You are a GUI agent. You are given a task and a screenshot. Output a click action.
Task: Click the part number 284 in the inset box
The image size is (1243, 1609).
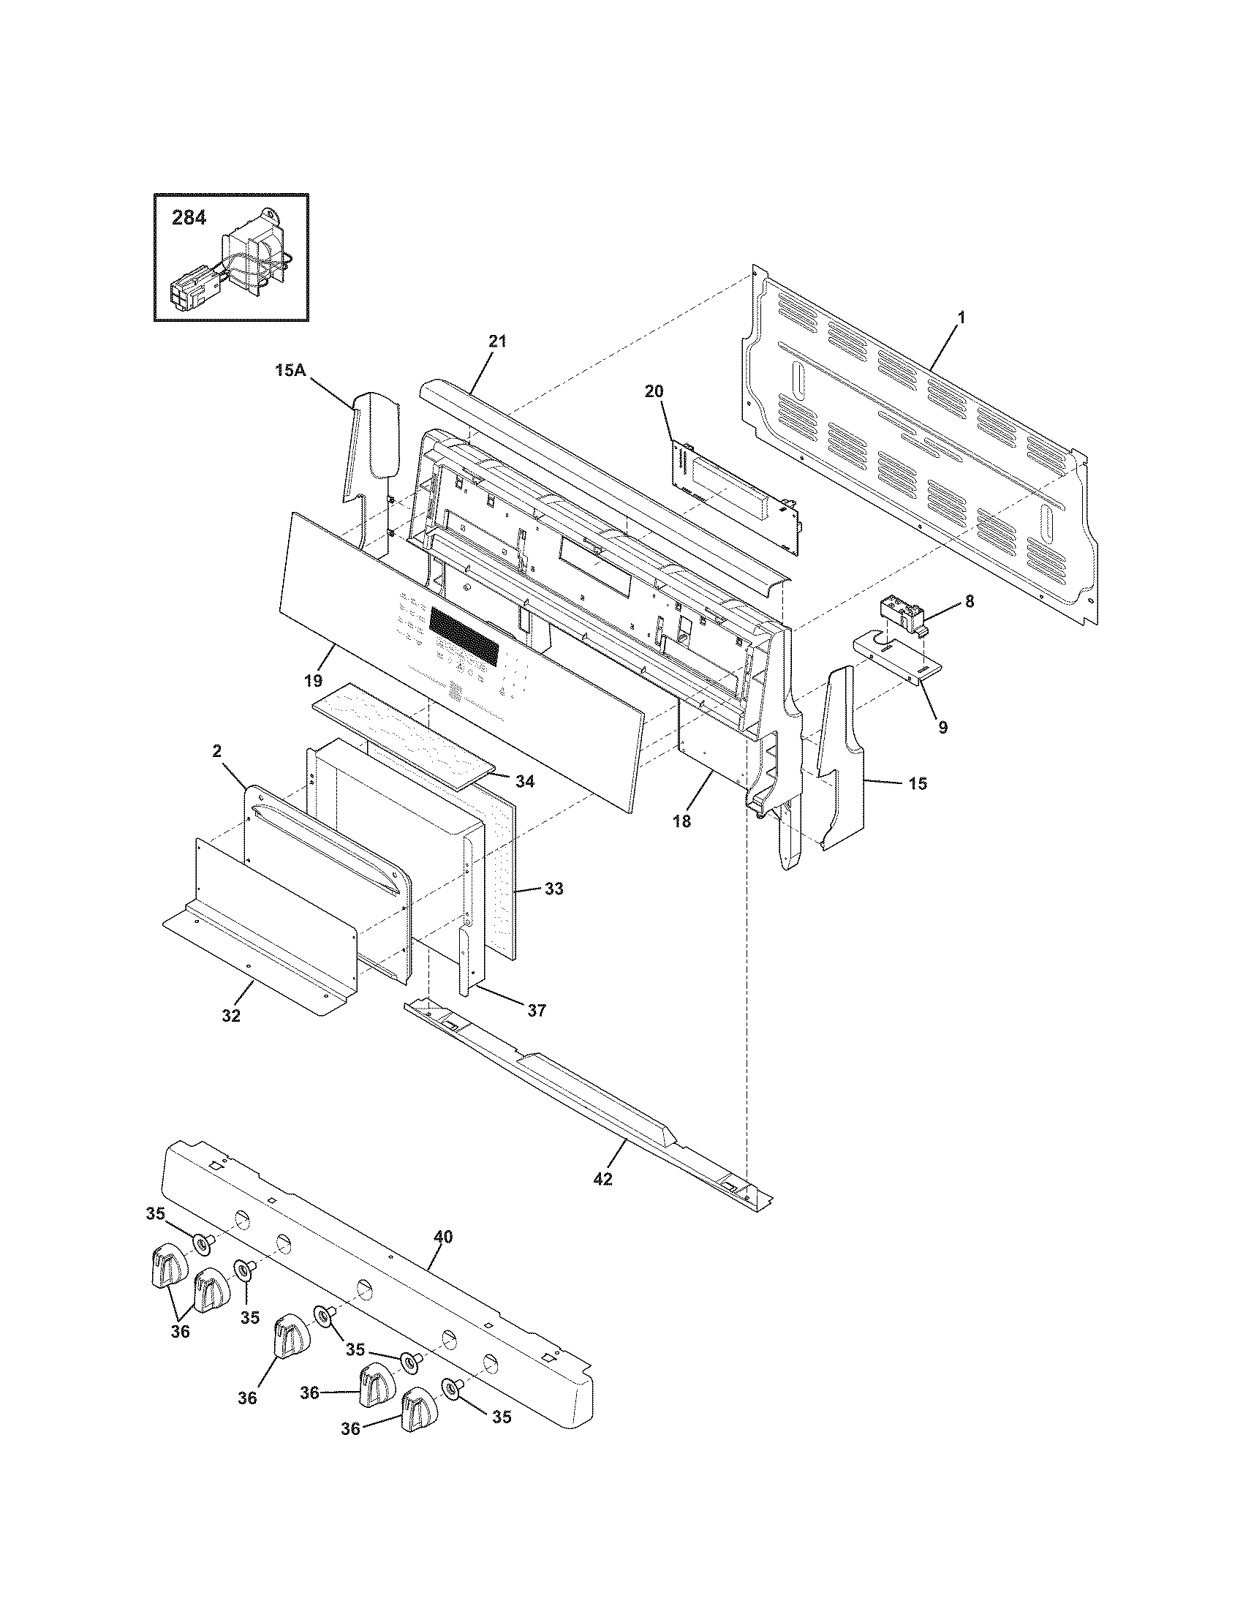pyautogui.click(x=189, y=218)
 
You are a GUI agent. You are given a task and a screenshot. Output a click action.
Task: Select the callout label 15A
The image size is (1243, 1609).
pyautogui.click(x=290, y=371)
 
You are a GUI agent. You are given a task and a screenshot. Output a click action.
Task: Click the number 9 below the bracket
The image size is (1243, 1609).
pyautogui.click(x=942, y=727)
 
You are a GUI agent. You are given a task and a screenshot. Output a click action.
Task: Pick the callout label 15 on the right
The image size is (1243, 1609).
pyautogui.click(x=917, y=784)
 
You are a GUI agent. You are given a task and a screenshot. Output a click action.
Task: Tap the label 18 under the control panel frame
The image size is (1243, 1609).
pyautogui.click(x=682, y=821)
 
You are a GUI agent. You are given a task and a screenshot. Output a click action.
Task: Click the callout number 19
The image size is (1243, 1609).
pyautogui.click(x=314, y=681)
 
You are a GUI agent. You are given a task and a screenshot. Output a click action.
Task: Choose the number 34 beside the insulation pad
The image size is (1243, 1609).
pyautogui.click(x=524, y=781)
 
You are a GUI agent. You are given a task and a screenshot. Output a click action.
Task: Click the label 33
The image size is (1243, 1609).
pyautogui.click(x=554, y=889)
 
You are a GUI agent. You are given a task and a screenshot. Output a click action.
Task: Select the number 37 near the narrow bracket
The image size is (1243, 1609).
pyautogui.click(x=537, y=1010)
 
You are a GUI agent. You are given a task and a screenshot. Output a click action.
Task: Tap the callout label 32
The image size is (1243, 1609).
pyautogui.click(x=231, y=1016)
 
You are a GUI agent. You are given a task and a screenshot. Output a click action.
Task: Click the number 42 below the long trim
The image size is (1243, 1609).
pyautogui.click(x=602, y=1179)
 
